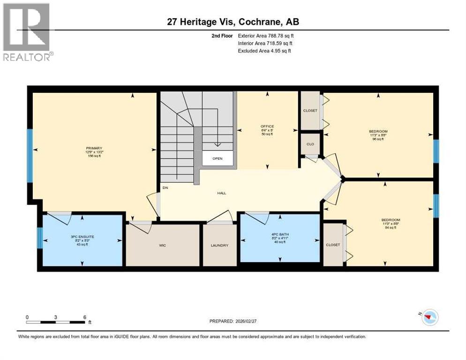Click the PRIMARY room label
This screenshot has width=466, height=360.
click(93, 148)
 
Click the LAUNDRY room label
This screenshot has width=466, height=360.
click(219, 245)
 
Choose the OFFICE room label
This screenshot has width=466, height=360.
click(267, 127)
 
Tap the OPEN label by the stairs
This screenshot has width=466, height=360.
click(217, 158)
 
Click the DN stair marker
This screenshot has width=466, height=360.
click(165, 188)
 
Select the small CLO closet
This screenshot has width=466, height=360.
click(310, 144)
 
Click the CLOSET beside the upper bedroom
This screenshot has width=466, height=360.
click(310, 111)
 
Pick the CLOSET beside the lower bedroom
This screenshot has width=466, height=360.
click(333, 245)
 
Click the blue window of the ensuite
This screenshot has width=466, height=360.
click(39, 237)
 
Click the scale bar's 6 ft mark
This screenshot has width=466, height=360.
click(84, 317)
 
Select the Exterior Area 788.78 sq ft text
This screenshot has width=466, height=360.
click(266, 35)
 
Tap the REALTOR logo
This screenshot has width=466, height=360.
click(27, 32)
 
